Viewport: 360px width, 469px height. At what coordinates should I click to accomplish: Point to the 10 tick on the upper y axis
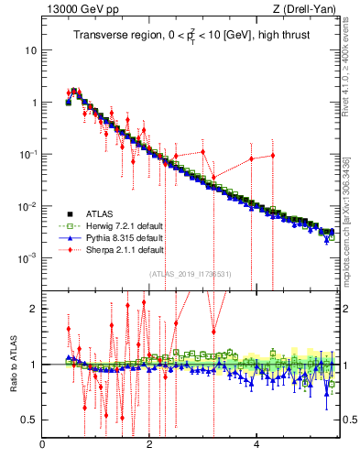pos(30,50)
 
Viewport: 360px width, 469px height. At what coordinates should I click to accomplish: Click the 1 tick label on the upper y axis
pos(33,103)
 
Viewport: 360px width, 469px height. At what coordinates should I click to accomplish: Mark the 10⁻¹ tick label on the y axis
pos(27,154)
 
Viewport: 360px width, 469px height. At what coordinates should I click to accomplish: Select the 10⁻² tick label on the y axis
pos(27,206)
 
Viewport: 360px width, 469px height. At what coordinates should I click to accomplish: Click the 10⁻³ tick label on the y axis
pos(27,258)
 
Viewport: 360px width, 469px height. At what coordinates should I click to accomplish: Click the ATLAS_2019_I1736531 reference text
pos(191,274)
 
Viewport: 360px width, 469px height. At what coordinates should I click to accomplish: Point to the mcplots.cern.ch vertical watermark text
pos(351,211)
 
